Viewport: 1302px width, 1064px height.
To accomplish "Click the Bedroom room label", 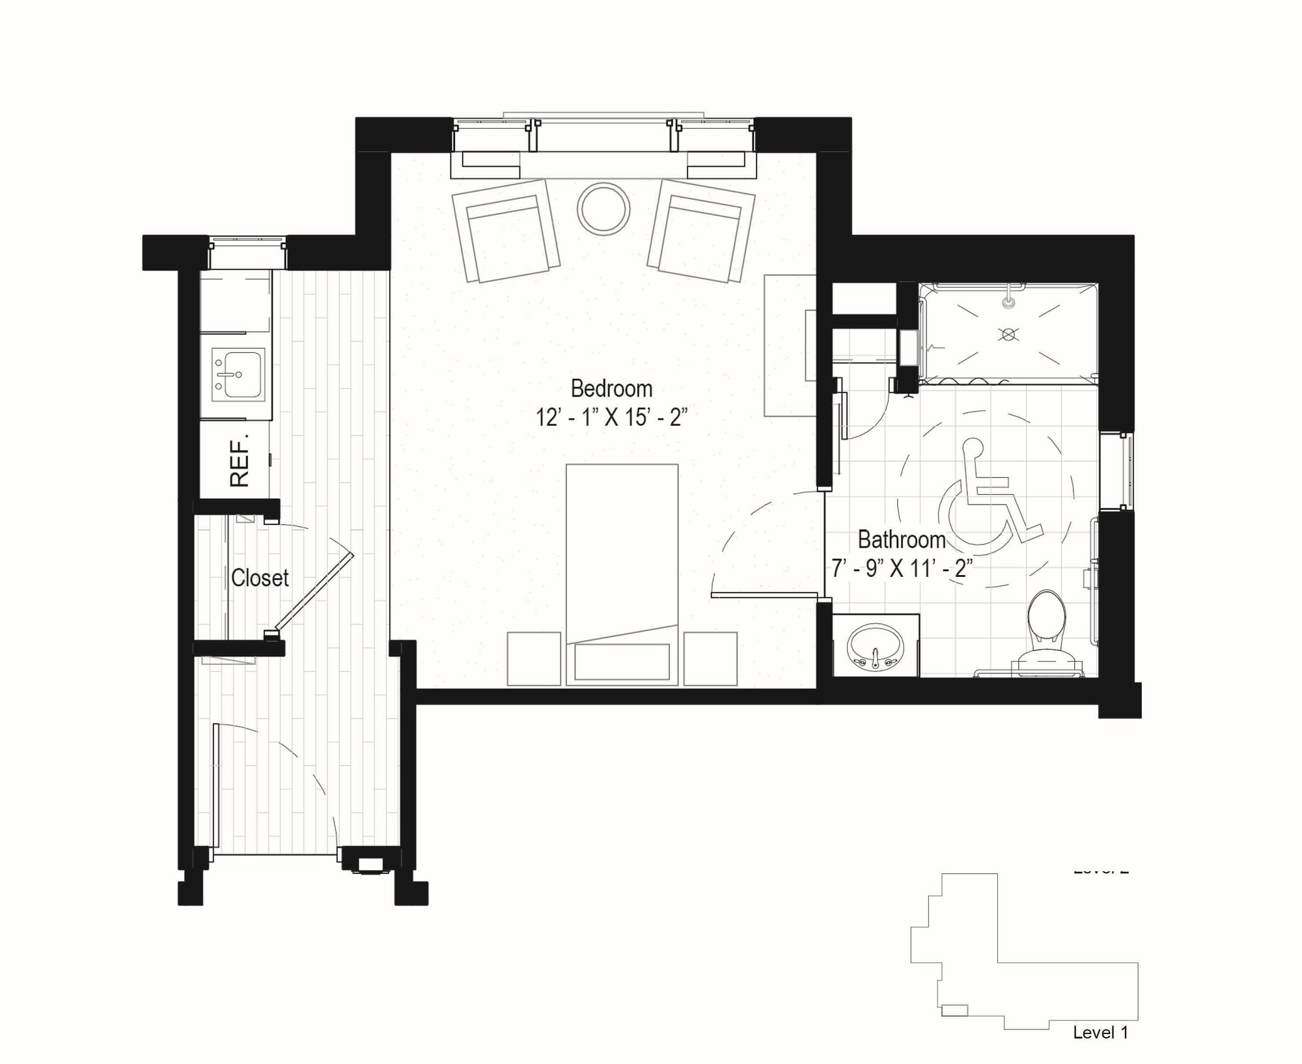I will (x=611, y=389).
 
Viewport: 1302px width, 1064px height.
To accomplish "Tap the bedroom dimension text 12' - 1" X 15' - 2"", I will (x=611, y=417).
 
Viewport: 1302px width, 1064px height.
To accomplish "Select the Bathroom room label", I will (x=901, y=540).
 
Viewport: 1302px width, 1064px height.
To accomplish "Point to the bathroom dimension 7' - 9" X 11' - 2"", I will (x=902, y=568).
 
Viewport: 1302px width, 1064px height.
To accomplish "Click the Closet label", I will (x=260, y=578).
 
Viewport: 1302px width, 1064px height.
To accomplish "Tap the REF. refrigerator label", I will (x=240, y=462).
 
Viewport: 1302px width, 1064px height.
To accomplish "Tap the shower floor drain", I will (x=1008, y=335).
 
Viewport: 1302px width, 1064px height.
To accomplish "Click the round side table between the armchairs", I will (x=603, y=209).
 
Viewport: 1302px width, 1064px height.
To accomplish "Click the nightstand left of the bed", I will (x=534, y=658).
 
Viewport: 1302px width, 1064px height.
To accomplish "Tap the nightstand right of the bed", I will (x=710, y=658).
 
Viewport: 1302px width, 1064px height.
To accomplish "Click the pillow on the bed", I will (x=622, y=662).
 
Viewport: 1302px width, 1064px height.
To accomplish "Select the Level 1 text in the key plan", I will (x=1100, y=1032).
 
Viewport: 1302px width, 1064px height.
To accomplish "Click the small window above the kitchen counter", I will (x=247, y=253).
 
